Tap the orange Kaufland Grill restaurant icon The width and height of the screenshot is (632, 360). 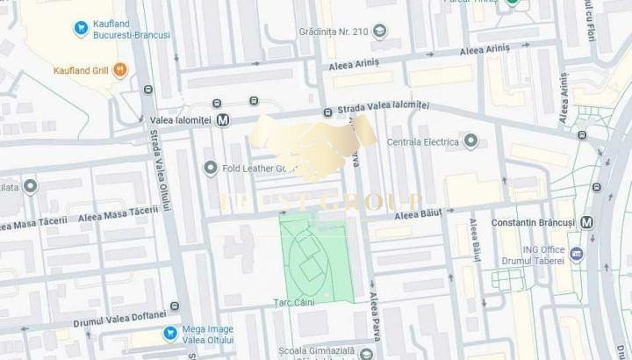tap(120, 70)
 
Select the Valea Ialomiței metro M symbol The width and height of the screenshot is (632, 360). tap(223, 120)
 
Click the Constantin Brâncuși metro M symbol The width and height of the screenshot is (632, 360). tap(586, 222)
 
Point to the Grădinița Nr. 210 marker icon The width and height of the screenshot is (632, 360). tap(379, 32)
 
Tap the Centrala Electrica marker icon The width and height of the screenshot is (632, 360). tap(470, 141)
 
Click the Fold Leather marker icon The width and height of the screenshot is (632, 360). tap(210, 168)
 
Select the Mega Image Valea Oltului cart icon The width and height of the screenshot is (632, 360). tap(170, 334)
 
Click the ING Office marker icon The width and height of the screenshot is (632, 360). tap(577, 255)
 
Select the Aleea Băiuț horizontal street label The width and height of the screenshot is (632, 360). tap(417, 213)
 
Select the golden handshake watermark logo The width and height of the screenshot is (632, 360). tap(313, 148)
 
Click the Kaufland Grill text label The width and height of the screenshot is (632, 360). tap(81, 70)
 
